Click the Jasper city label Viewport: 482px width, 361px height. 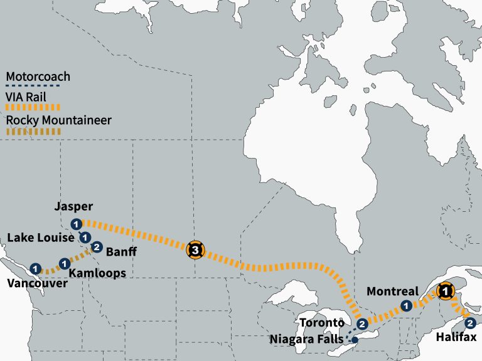tap(74, 207)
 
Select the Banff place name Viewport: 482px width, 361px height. tap(119, 253)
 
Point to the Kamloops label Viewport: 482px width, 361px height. tap(97, 273)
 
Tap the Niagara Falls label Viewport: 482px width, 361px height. tap(306, 339)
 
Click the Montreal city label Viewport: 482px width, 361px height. tap(392, 291)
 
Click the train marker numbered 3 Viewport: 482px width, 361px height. tap(195, 250)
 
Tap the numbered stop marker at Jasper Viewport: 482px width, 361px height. tap(76, 224)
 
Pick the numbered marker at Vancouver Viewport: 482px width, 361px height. tap(35, 269)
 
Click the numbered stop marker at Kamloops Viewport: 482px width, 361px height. tap(63, 263)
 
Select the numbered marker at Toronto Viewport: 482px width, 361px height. tap(362, 324)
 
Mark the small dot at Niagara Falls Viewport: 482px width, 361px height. tap(355, 340)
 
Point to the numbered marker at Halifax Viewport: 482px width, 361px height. tap(470, 323)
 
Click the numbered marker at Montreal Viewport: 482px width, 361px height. tap(406, 306)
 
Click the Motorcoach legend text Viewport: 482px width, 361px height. tap(38, 78)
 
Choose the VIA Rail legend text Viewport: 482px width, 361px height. tap(26, 97)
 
